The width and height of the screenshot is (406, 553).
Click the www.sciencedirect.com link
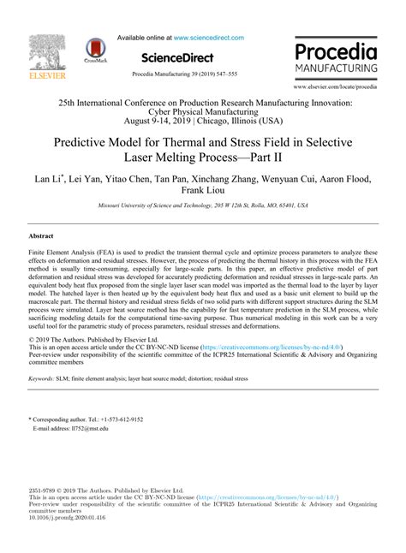click(208, 38)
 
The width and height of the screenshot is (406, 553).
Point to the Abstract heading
click(42, 235)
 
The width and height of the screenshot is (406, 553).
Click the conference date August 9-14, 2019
click(124, 121)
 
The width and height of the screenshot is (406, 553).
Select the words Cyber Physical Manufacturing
click(202, 111)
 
